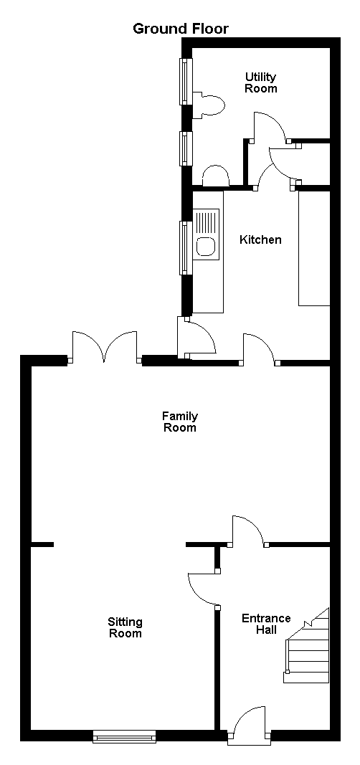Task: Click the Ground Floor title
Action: [x=181, y=29]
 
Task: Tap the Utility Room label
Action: [x=260, y=82]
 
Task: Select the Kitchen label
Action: [x=260, y=239]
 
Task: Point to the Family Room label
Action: [x=179, y=422]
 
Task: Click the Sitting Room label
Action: [x=125, y=628]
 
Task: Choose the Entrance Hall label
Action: [x=266, y=624]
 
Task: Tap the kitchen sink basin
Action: [x=205, y=247]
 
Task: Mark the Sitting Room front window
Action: [x=124, y=736]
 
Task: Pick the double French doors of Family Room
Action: [x=105, y=348]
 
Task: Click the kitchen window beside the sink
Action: [x=185, y=248]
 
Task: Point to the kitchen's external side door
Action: [x=196, y=338]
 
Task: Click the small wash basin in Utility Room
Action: [x=215, y=176]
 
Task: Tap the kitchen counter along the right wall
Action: [x=314, y=248]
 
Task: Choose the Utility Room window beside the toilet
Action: [x=186, y=82]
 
